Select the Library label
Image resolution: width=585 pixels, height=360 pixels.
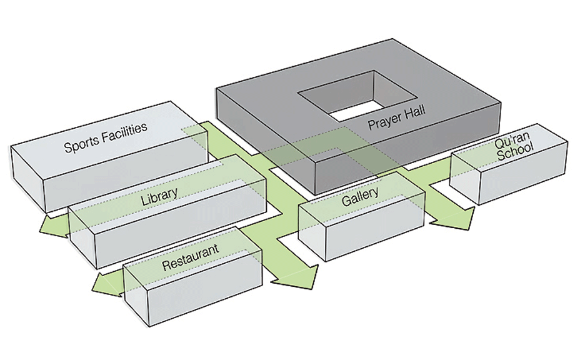[x=159, y=196]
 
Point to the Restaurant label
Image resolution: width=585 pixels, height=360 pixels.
[x=190, y=257]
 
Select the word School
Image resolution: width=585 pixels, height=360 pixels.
[x=516, y=151]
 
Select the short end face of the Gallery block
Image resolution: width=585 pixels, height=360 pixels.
[x=312, y=232]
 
